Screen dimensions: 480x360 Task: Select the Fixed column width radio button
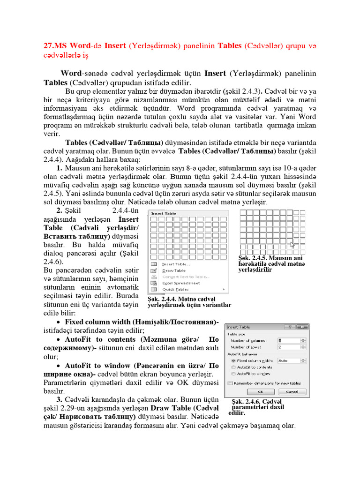pos(233,360)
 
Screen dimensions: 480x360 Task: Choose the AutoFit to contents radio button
pos(233,367)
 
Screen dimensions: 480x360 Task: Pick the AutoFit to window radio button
pos(233,374)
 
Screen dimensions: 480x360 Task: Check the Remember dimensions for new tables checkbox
pos(230,383)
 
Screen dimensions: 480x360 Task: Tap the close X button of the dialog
pos(304,326)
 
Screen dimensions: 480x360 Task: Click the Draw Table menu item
pos(173,270)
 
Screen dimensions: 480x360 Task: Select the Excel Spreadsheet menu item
pos(180,283)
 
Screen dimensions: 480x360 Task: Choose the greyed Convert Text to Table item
pos(185,277)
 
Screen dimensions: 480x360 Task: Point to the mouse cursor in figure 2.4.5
pos(292,244)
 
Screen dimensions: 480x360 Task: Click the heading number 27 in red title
pos(49,45)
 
